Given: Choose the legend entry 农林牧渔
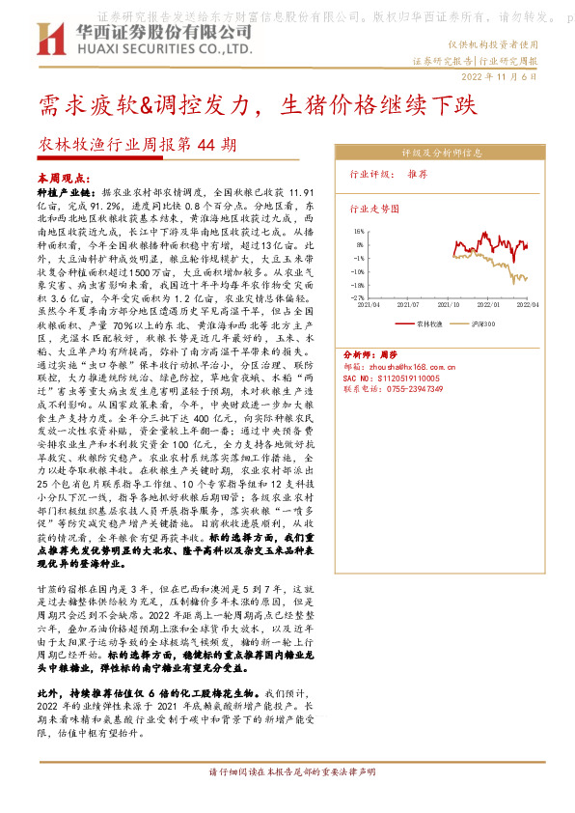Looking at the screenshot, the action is coord(430,323).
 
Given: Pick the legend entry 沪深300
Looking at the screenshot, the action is coord(482,323).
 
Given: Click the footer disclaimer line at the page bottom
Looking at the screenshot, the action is coord(287,773).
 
